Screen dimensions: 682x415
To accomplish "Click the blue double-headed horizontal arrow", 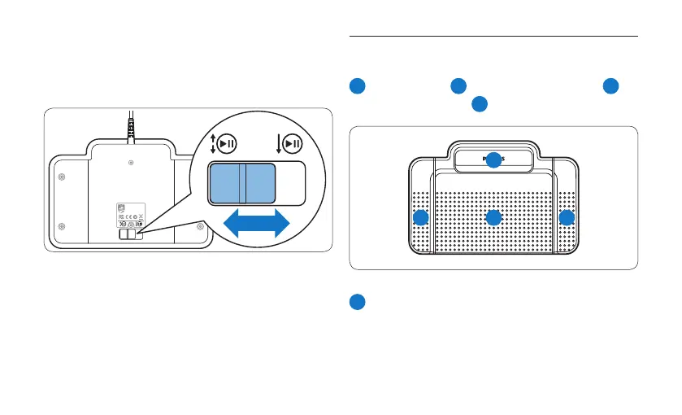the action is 257,222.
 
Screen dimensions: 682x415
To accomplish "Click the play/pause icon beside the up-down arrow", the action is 226,144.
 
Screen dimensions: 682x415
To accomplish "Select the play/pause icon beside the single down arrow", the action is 293,144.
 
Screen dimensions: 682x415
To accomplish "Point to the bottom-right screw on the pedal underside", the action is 199,226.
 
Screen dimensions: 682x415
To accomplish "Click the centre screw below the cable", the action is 131,164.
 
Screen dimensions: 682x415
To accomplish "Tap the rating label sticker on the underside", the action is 130,216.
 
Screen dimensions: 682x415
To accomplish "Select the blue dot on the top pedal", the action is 493,160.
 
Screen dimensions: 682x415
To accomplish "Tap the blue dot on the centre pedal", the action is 493,218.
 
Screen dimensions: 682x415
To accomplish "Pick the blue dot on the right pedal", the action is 567,218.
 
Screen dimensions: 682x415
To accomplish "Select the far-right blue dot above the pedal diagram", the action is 610,86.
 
